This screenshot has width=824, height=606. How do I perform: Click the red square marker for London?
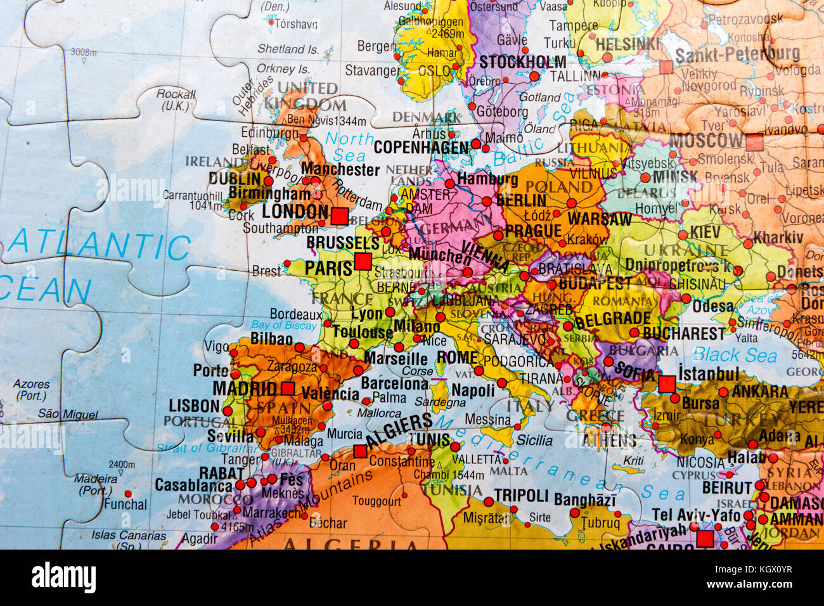tap(340, 216)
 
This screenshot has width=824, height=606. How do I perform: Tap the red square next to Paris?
tap(363, 261)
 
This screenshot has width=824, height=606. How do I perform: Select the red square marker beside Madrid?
tap(288, 389)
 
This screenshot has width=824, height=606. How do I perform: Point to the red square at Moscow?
tap(754, 142)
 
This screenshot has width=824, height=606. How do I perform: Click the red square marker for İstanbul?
tap(667, 384)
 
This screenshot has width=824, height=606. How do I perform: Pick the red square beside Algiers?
tap(360, 451)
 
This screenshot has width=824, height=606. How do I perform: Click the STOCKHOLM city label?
tap(522, 62)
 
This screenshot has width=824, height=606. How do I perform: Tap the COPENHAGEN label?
tap(421, 147)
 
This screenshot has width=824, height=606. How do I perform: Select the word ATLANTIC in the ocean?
tap(100, 246)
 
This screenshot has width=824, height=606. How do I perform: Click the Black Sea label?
tap(735, 355)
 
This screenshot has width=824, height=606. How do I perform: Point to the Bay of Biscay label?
tap(283, 325)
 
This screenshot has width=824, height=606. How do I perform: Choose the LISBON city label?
tap(194, 406)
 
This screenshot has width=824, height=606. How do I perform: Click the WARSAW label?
tap(600, 219)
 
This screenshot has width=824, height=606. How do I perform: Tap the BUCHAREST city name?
tap(683, 333)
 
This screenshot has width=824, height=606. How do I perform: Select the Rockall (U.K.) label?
tap(176, 100)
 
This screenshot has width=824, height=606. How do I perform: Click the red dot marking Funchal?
tap(128, 493)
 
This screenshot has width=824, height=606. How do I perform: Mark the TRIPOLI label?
tap(520, 495)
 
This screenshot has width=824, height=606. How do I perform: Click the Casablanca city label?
tap(194, 486)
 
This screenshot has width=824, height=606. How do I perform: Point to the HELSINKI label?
tap(628, 44)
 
